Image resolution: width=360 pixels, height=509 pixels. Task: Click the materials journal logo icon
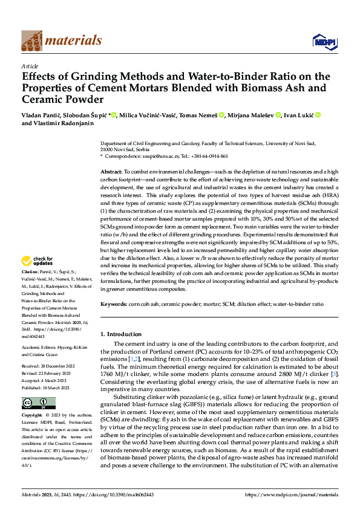pyautogui.click(x=33, y=41)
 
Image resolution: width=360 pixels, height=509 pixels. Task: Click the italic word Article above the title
pyautogui.click(x=30, y=66)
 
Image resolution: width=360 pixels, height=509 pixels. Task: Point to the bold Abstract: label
pyautogui.click(x=111, y=172)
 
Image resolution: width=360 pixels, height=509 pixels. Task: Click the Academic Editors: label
pyautogui.click(x=40, y=347)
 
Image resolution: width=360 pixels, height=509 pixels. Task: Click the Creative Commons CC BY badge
pyautogui.click(x=38, y=403)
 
